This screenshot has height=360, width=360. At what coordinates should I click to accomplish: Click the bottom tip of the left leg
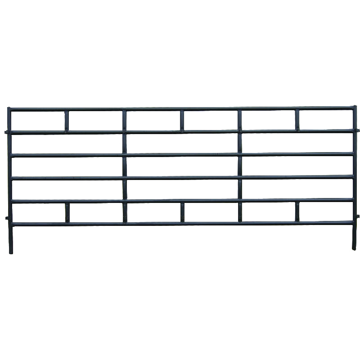pos(11,252)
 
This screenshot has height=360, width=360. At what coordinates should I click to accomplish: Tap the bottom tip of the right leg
pos(354,248)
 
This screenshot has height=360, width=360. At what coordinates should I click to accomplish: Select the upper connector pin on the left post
pos(6,132)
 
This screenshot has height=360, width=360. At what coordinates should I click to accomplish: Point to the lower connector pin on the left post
pos(6,219)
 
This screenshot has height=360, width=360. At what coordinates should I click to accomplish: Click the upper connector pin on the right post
pos(357,130)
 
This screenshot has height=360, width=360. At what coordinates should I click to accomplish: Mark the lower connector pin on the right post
pos(357,216)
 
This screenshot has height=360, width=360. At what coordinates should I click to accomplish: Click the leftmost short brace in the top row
pos(67,121)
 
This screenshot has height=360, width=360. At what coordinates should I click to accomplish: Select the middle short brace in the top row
pos(182,120)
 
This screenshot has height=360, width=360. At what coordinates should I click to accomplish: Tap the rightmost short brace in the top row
pos(297,120)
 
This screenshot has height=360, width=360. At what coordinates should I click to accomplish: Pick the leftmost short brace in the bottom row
pos(67,212)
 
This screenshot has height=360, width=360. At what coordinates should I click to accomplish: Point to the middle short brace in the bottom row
pos(183,212)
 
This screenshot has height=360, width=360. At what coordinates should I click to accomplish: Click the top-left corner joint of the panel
pos(9,109)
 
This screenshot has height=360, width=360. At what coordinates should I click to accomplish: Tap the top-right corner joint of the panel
pos(355,108)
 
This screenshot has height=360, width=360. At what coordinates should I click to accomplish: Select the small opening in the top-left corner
pos(38,121)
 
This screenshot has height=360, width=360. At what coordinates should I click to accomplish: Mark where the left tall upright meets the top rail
pos(125,109)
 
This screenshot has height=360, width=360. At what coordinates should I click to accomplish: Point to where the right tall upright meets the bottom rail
pos(240,222)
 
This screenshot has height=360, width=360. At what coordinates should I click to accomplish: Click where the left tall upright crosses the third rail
pos(125,155)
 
